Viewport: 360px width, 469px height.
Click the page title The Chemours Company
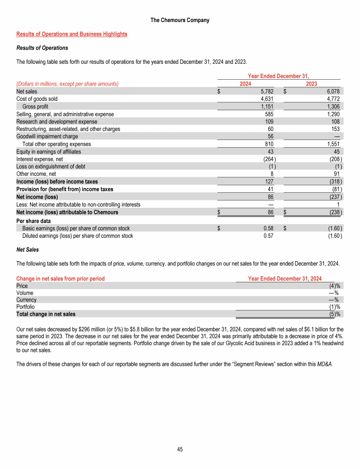click(180, 20)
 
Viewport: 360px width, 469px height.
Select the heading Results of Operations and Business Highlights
click(72, 34)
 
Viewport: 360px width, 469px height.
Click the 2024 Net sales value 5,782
click(266, 91)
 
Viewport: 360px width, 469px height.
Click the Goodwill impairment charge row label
click(47, 136)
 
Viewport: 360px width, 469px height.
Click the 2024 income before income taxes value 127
click(270, 182)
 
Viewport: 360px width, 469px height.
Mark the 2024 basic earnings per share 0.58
click(268, 228)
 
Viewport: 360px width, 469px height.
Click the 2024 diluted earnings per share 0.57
click(268, 236)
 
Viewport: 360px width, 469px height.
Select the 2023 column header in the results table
click(311, 83)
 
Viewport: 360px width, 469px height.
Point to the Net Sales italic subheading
click(28, 250)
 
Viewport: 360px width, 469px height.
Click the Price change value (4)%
click(334, 286)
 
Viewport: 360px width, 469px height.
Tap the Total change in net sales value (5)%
click(334, 314)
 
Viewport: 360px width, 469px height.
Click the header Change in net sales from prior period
click(60, 279)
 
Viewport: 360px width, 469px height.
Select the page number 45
click(180, 449)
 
